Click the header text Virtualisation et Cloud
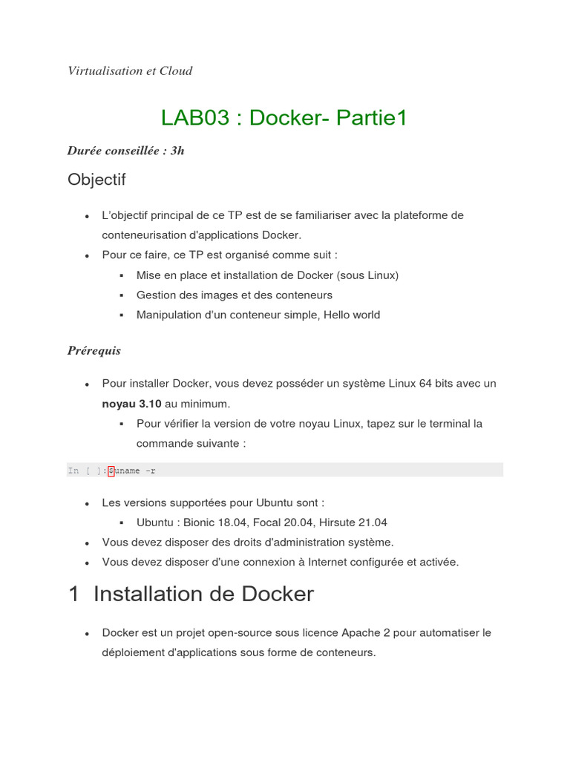coord(130,71)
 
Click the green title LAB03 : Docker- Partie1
coord(284,118)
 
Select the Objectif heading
coord(96,180)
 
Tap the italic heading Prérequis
coord(94,351)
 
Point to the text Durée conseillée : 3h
coord(125,151)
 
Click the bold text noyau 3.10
coord(131,404)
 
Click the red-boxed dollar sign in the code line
coord(111,471)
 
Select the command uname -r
coord(135,471)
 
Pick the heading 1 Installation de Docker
coord(191,594)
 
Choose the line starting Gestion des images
coord(234,295)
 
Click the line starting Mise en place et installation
coord(267,275)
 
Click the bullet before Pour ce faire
coord(88,255)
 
